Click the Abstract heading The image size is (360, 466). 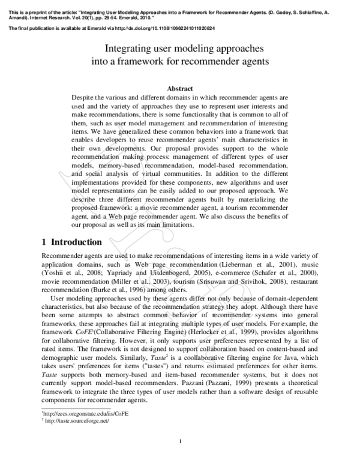click(180, 88)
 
